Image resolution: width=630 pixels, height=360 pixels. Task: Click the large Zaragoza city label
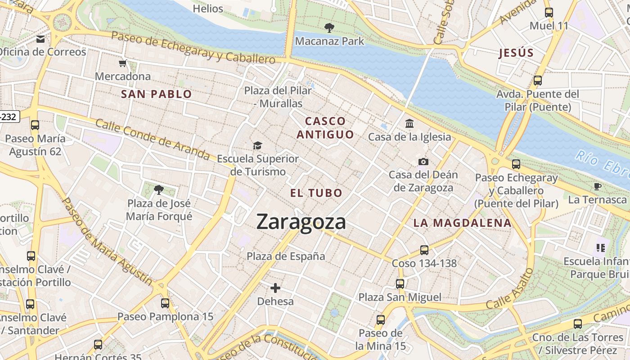point(301,222)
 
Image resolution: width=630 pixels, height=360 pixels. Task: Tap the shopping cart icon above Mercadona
point(123,63)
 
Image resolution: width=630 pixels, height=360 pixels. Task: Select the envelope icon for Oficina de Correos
point(41,39)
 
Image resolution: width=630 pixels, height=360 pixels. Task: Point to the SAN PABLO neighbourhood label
point(157,94)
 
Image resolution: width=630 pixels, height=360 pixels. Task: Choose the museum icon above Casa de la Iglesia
point(409,123)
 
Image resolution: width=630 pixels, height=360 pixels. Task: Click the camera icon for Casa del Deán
point(423,162)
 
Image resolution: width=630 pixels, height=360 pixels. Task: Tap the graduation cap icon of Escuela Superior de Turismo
point(257,145)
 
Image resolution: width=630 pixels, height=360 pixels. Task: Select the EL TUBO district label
point(316,193)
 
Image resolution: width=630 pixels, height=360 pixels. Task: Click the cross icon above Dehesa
point(275,288)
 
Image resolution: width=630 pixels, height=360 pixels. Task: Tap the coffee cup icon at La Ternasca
point(598,186)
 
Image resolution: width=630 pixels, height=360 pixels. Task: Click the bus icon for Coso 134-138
point(424,250)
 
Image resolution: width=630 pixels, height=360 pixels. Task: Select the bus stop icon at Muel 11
point(549,13)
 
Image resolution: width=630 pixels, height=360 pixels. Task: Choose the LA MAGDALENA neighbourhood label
point(462,223)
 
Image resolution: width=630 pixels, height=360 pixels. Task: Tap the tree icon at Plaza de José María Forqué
point(158,190)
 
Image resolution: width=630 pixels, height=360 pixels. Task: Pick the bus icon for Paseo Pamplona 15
point(165,303)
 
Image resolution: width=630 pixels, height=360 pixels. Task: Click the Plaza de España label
point(286,256)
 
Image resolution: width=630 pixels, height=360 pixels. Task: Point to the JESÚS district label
point(516,53)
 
